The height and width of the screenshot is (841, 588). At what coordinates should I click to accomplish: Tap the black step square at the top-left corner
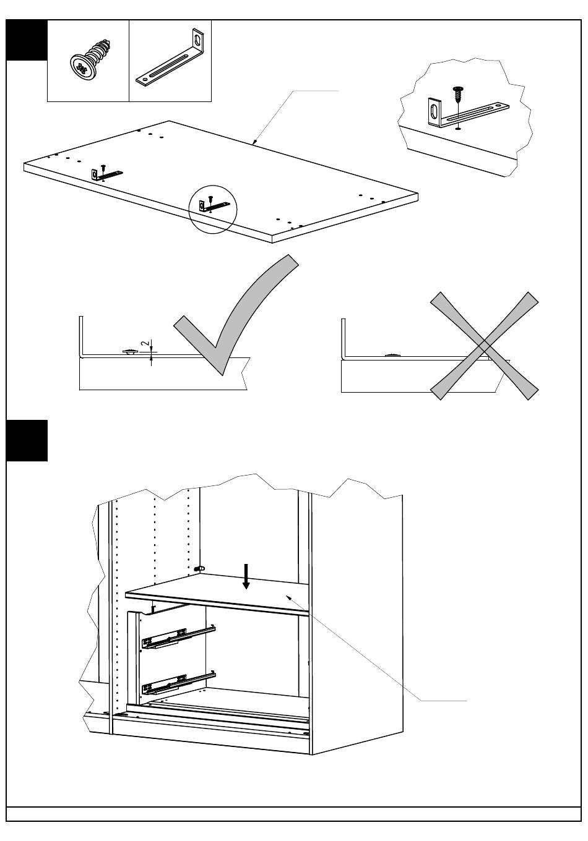click(x=27, y=40)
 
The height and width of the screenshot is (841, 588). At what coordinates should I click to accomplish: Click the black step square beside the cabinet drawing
click(x=27, y=440)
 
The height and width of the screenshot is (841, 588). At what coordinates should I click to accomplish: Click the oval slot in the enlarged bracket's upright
click(x=433, y=113)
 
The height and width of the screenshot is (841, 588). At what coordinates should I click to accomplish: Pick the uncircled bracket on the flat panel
click(x=105, y=174)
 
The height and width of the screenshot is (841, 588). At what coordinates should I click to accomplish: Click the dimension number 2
click(x=144, y=343)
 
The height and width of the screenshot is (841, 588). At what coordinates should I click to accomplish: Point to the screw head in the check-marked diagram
click(x=130, y=352)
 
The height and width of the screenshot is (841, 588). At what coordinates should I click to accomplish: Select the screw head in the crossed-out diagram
click(x=393, y=355)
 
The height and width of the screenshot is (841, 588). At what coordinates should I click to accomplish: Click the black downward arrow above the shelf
click(x=246, y=577)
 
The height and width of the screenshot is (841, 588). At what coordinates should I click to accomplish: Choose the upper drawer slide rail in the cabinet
click(x=178, y=637)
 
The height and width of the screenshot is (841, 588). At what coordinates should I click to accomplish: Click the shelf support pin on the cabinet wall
click(x=199, y=567)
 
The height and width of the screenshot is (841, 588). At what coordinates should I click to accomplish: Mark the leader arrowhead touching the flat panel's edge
click(x=254, y=142)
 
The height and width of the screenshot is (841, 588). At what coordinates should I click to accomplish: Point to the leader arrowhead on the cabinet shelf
click(x=287, y=596)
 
